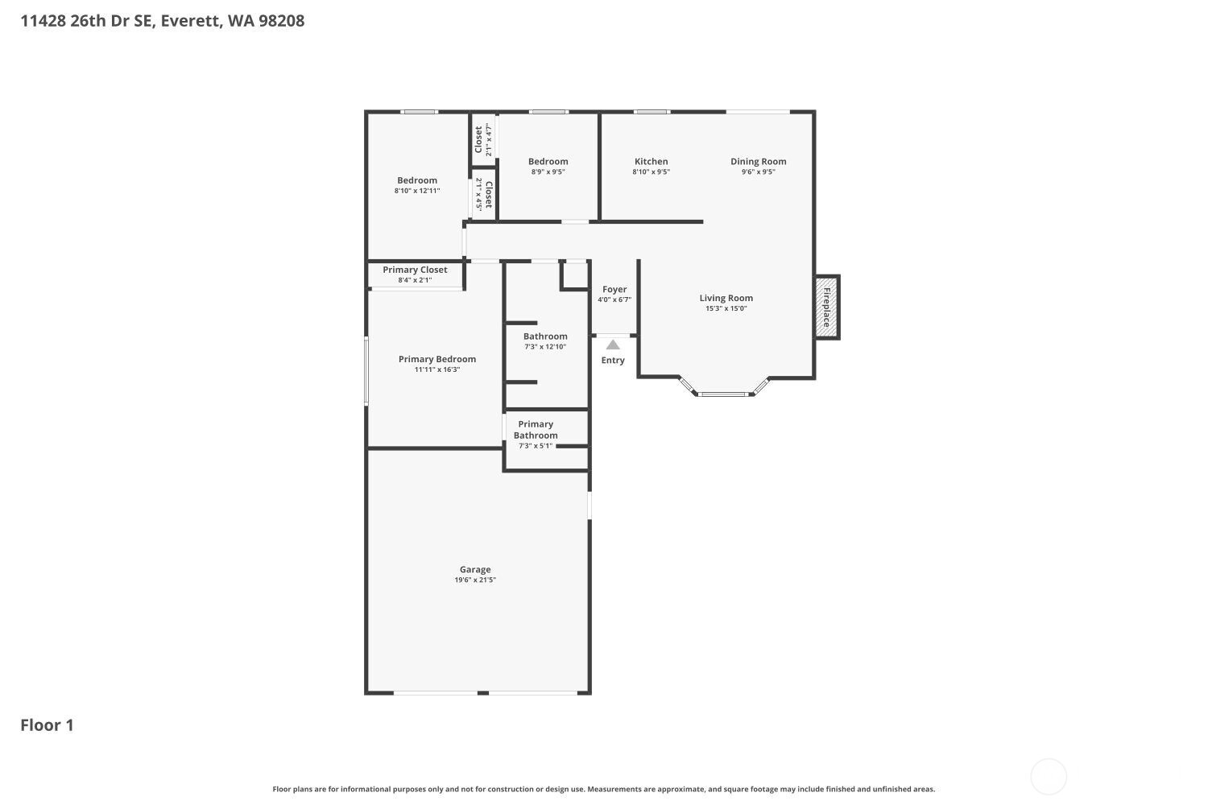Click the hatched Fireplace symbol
[x=826, y=308]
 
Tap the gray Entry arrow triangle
[x=613, y=345]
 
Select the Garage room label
[x=475, y=569]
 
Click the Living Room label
[x=726, y=298]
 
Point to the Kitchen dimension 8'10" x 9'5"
[x=651, y=172]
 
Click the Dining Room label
[x=758, y=161]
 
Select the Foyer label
[x=614, y=289]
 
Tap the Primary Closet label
[x=415, y=270]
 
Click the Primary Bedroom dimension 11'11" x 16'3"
[x=437, y=369]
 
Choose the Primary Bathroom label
[x=536, y=430]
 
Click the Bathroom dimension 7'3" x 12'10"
[x=545, y=347]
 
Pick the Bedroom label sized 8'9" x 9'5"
[x=548, y=161]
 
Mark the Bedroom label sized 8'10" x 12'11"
[x=417, y=180]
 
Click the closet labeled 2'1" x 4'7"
[x=482, y=139]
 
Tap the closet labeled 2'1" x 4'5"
[x=484, y=194]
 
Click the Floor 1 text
[x=47, y=725]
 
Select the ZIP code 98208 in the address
[x=281, y=21]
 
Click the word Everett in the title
[x=190, y=21]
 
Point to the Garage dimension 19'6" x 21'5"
[x=475, y=580]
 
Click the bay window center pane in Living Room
[x=722, y=394]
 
